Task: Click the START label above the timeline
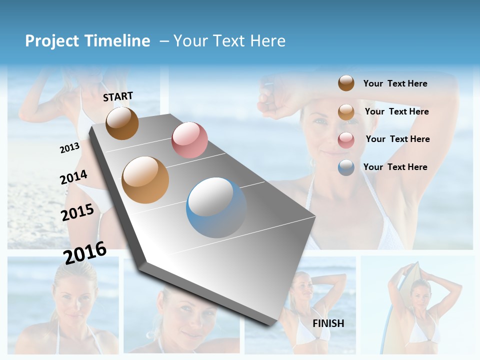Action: click(x=118, y=96)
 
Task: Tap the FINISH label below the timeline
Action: click(x=328, y=323)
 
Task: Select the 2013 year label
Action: click(x=69, y=148)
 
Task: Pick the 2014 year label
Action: click(x=74, y=177)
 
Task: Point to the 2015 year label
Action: click(x=77, y=212)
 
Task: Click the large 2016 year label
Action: click(x=85, y=252)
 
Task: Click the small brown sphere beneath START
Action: click(x=122, y=123)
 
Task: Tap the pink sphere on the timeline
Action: click(x=189, y=140)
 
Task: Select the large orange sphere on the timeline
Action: click(x=145, y=180)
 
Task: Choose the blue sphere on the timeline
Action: click(x=216, y=207)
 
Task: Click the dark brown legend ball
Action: click(x=346, y=83)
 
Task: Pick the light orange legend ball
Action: click(x=346, y=112)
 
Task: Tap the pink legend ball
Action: click(x=346, y=140)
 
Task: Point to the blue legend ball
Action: click(x=346, y=167)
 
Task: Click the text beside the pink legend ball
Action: click(x=397, y=139)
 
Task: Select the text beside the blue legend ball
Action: click(x=395, y=167)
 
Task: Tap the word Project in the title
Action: click(x=52, y=41)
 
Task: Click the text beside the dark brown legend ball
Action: click(x=395, y=83)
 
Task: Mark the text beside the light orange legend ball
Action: click(x=396, y=111)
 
